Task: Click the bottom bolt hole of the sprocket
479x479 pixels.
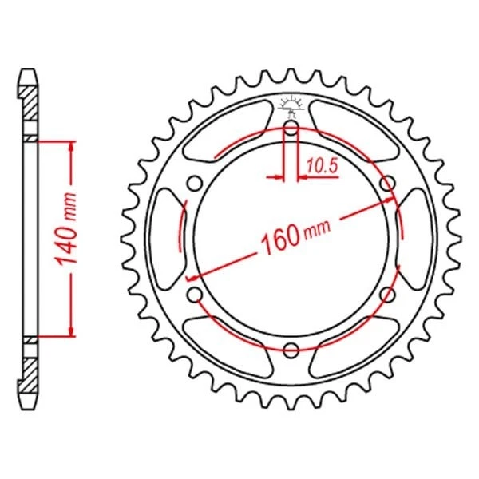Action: coord(291,349)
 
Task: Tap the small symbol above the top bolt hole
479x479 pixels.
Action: coord(291,104)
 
